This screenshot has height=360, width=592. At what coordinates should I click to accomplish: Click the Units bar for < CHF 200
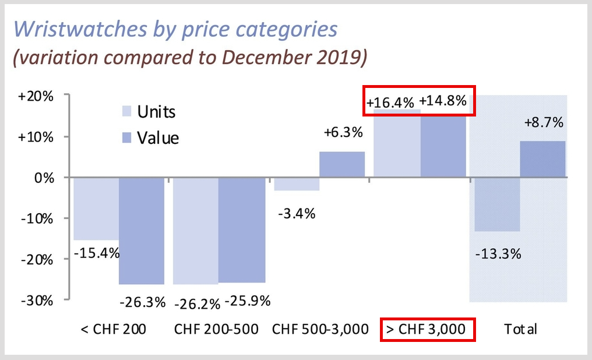(96, 209)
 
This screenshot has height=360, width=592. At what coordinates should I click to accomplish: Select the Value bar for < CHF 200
(142, 231)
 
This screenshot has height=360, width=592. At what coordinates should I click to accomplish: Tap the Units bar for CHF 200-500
(195, 231)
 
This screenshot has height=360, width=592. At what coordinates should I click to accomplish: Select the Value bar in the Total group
(542, 159)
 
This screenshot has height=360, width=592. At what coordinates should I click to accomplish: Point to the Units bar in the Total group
(496, 204)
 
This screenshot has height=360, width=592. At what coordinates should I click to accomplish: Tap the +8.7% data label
(543, 123)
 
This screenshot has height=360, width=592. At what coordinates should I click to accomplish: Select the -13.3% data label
(497, 255)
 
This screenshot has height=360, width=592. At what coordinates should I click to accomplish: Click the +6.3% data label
(343, 133)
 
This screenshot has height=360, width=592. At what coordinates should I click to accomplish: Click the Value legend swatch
(126, 137)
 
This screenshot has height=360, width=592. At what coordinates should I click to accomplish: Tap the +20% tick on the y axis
(36, 97)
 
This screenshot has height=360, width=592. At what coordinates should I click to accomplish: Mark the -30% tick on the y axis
(37, 301)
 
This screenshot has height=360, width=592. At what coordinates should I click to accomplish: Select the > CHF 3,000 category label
(428, 329)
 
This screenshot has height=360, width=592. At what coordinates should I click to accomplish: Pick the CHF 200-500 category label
(216, 329)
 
